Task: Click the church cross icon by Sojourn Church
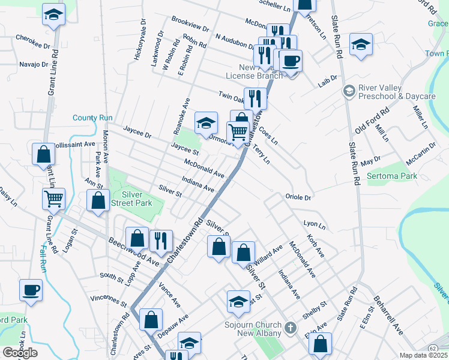tap(291, 328)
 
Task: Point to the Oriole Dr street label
tap(298, 197)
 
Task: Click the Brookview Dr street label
tap(190, 28)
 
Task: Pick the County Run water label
tap(93, 118)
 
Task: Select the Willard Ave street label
tap(268, 254)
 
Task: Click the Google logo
tap(20, 353)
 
